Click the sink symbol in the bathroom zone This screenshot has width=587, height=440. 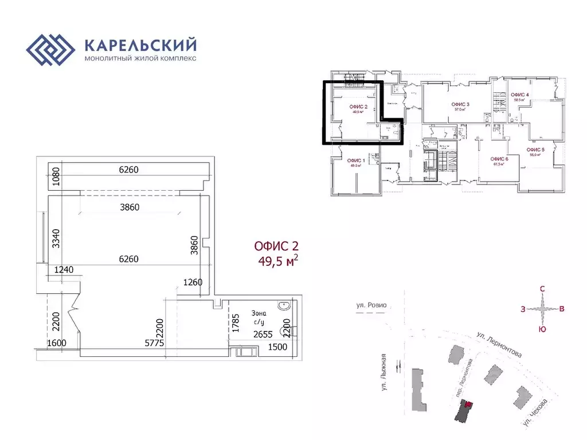(x=284, y=306)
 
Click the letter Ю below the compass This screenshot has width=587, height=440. (x=542, y=329)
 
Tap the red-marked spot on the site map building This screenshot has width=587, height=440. (x=469, y=405)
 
